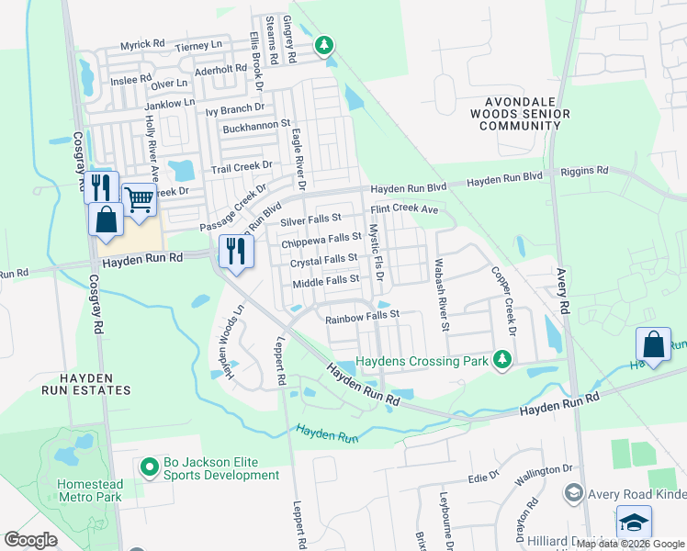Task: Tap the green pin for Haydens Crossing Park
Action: tap(501, 358)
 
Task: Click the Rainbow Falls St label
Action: tap(364, 315)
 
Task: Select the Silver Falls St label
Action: tap(310, 219)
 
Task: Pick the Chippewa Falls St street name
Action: tap(321, 242)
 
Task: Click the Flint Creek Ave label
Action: tap(404, 209)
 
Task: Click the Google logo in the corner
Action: tap(31, 539)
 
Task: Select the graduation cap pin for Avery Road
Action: tap(634, 523)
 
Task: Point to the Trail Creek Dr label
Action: tap(242, 166)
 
